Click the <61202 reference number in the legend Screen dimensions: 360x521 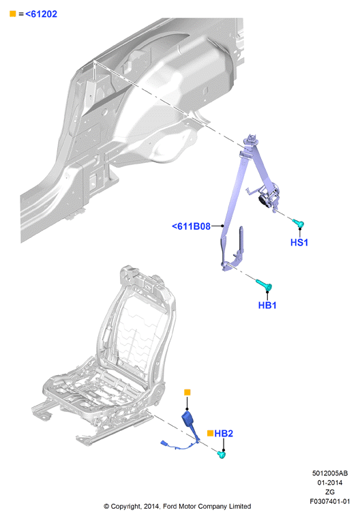point(41,14)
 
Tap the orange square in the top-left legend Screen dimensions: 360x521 point(13,14)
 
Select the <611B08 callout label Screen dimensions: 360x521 point(191,226)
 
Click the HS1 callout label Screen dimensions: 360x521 point(299,243)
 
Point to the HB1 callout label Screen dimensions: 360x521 point(267,305)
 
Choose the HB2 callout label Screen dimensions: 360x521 point(224,433)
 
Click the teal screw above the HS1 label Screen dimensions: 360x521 point(298,223)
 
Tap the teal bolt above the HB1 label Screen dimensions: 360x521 point(265,285)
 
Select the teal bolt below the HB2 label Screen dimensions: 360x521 point(222,454)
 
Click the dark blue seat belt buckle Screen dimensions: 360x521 point(188,420)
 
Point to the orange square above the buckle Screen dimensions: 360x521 point(187,392)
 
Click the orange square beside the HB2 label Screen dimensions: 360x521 point(210,433)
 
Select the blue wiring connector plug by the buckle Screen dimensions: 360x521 point(165,443)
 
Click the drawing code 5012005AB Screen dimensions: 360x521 point(330,473)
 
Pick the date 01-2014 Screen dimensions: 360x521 point(330,482)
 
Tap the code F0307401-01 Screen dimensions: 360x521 point(330,501)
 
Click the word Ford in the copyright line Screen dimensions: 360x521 point(170,507)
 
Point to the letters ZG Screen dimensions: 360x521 point(330,492)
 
